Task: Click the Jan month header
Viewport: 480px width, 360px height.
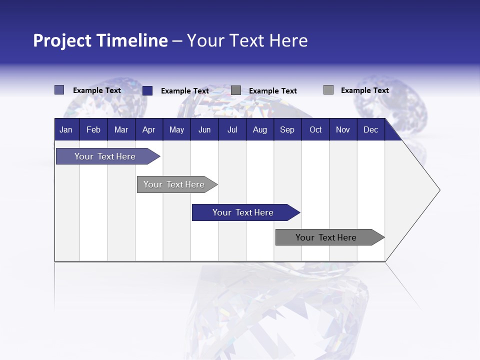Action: click(x=66, y=129)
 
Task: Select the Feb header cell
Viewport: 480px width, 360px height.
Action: click(x=93, y=129)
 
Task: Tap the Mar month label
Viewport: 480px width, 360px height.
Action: click(x=121, y=129)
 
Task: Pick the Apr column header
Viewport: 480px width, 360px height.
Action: click(x=149, y=129)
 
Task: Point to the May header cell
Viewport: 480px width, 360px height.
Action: click(x=176, y=129)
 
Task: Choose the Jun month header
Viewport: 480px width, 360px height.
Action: click(x=204, y=129)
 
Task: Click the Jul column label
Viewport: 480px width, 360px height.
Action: click(x=232, y=129)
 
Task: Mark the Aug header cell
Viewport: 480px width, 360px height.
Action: click(x=260, y=129)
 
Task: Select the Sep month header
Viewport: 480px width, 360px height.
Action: click(x=287, y=129)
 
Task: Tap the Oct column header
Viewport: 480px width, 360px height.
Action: click(x=315, y=129)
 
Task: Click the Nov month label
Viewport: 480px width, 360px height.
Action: click(x=343, y=129)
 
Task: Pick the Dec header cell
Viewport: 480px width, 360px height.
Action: click(x=371, y=129)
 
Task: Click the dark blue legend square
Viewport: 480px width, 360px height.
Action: click(x=147, y=90)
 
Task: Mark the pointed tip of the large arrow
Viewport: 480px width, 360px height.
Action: click(x=439, y=190)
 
